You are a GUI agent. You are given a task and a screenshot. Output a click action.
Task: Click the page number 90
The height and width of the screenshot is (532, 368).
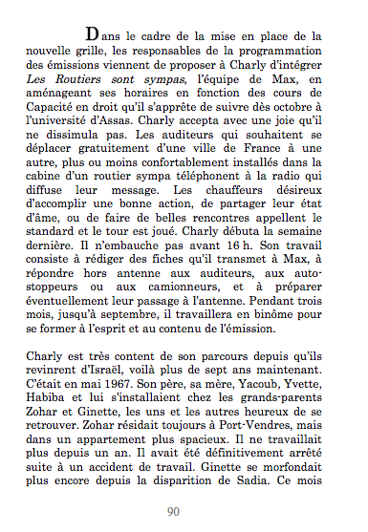coord(173,510)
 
